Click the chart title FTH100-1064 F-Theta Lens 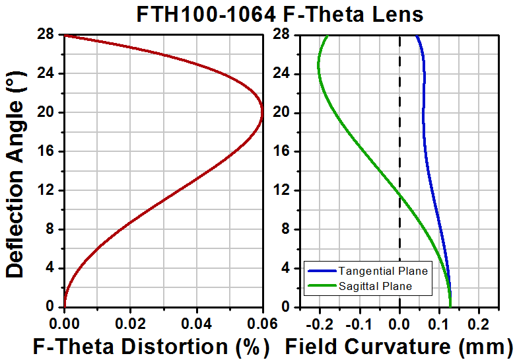pos(279,14)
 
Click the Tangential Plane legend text pos(383,271)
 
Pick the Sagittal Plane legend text pos(375,286)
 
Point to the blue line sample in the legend pos(322,271)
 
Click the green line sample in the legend pos(322,286)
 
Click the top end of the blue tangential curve pos(416,36)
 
